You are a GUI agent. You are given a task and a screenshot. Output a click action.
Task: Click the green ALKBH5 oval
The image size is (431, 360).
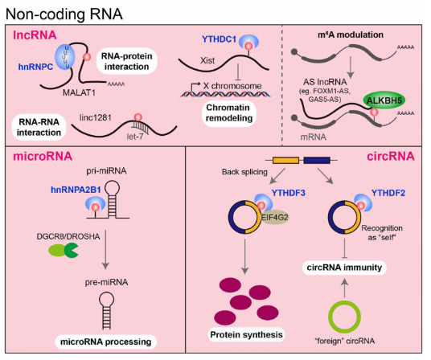coord(384,100)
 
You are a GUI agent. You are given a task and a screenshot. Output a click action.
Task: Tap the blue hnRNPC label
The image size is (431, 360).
coord(35,67)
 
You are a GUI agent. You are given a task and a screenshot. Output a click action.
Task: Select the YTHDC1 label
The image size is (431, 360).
coord(219,39)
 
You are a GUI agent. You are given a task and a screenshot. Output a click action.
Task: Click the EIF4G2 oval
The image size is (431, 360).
coord(274,218)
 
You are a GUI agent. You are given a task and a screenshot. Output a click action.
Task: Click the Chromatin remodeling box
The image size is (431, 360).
coord(229,112)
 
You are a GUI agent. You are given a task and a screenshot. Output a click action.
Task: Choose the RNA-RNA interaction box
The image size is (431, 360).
coord(39,127)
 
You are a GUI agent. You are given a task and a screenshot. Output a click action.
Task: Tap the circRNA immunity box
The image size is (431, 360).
coord(344,267)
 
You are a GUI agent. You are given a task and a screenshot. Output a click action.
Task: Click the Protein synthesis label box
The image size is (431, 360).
coord(246,334)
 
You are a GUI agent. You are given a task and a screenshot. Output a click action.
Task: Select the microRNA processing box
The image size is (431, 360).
coord(106,342)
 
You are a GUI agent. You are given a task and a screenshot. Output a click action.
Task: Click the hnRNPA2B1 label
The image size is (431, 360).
coord(76,190)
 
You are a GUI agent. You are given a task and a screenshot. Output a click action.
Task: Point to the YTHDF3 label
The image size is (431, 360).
coord(289,193)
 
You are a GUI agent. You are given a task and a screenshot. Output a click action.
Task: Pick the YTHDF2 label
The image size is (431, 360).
coord(388,193)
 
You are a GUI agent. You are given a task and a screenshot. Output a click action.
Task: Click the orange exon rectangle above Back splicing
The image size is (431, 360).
coord(285,160)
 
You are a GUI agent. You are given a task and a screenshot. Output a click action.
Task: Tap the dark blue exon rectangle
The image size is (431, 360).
coord(317,160)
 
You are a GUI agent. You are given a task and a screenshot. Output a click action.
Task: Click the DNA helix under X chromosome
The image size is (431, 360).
coord(225,94)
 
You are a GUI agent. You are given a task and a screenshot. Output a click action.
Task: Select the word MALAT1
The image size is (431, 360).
coord(79,93)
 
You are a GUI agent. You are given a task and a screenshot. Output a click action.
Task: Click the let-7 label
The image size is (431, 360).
coord(135,137)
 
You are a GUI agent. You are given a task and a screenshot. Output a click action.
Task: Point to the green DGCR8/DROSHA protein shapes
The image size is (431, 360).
coord(64,250)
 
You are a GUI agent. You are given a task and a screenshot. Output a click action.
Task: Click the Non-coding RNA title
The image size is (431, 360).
coord(64,14)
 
